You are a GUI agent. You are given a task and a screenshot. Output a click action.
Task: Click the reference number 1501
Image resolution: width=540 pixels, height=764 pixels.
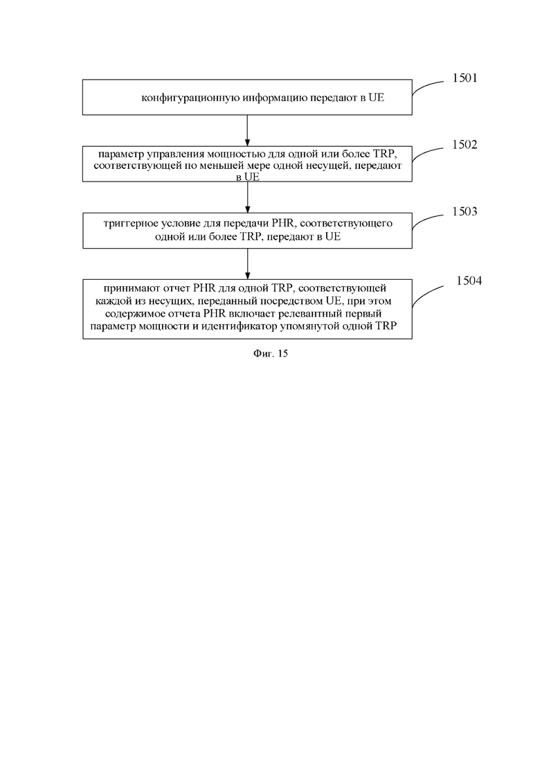click(x=465, y=78)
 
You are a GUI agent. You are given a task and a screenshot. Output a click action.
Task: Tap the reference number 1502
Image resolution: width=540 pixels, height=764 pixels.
click(x=465, y=145)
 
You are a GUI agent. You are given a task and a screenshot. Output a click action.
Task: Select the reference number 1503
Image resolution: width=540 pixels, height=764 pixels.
click(x=465, y=211)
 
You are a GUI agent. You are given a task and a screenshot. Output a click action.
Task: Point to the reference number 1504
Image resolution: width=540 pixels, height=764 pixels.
click(x=469, y=281)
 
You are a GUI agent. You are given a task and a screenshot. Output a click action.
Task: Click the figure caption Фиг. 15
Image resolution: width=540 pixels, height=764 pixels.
click(x=271, y=354)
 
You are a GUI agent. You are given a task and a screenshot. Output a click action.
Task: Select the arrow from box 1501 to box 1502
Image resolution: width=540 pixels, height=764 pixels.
click(x=247, y=131)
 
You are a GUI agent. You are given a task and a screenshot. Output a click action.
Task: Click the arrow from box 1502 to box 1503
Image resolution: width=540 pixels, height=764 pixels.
click(x=247, y=197)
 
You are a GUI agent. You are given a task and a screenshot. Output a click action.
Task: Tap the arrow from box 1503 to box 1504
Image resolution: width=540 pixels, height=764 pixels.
click(x=247, y=264)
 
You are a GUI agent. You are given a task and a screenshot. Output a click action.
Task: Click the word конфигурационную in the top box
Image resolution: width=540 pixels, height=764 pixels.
click(x=190, y=98)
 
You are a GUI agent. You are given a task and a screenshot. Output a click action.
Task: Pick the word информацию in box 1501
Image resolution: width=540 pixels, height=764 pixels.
click(x=275, y=98)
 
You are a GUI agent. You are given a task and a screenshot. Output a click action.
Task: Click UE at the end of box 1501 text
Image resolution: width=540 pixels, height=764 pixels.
click(x=376, y=98)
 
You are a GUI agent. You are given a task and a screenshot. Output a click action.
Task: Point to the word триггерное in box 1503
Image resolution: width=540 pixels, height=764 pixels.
click(x=129, y=224)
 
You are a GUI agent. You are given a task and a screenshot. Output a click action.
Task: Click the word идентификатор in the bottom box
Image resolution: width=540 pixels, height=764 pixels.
click(x=243, y=326)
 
